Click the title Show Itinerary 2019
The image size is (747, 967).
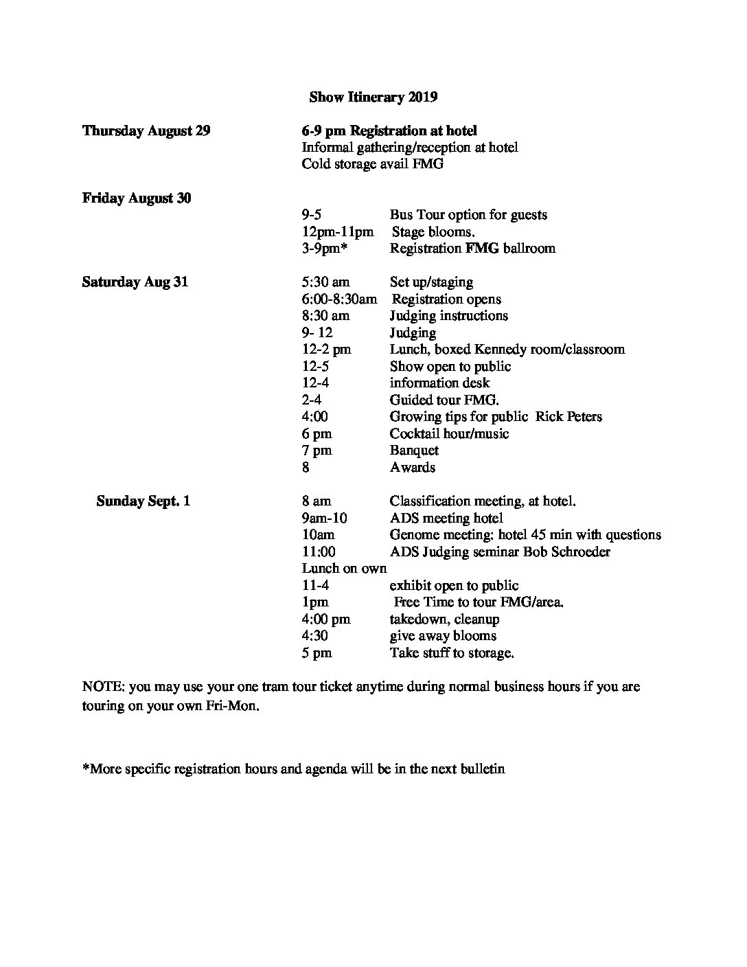(373, 97)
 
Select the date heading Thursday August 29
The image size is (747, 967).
(146, 130)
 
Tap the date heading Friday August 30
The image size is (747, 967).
(137, 198)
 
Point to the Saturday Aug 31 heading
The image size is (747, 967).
(135, 282)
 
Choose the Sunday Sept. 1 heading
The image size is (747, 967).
(143, 501)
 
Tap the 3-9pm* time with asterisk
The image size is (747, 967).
(321, 249)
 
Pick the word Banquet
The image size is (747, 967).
(414, 451)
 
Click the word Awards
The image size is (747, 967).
(413, 468)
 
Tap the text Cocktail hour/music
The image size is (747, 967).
(449, 434)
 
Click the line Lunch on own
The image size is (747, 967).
(344, 569)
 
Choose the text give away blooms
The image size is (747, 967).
(443, 636)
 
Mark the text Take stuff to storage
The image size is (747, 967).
(452, 653)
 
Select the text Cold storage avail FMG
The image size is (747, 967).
(372, 164)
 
